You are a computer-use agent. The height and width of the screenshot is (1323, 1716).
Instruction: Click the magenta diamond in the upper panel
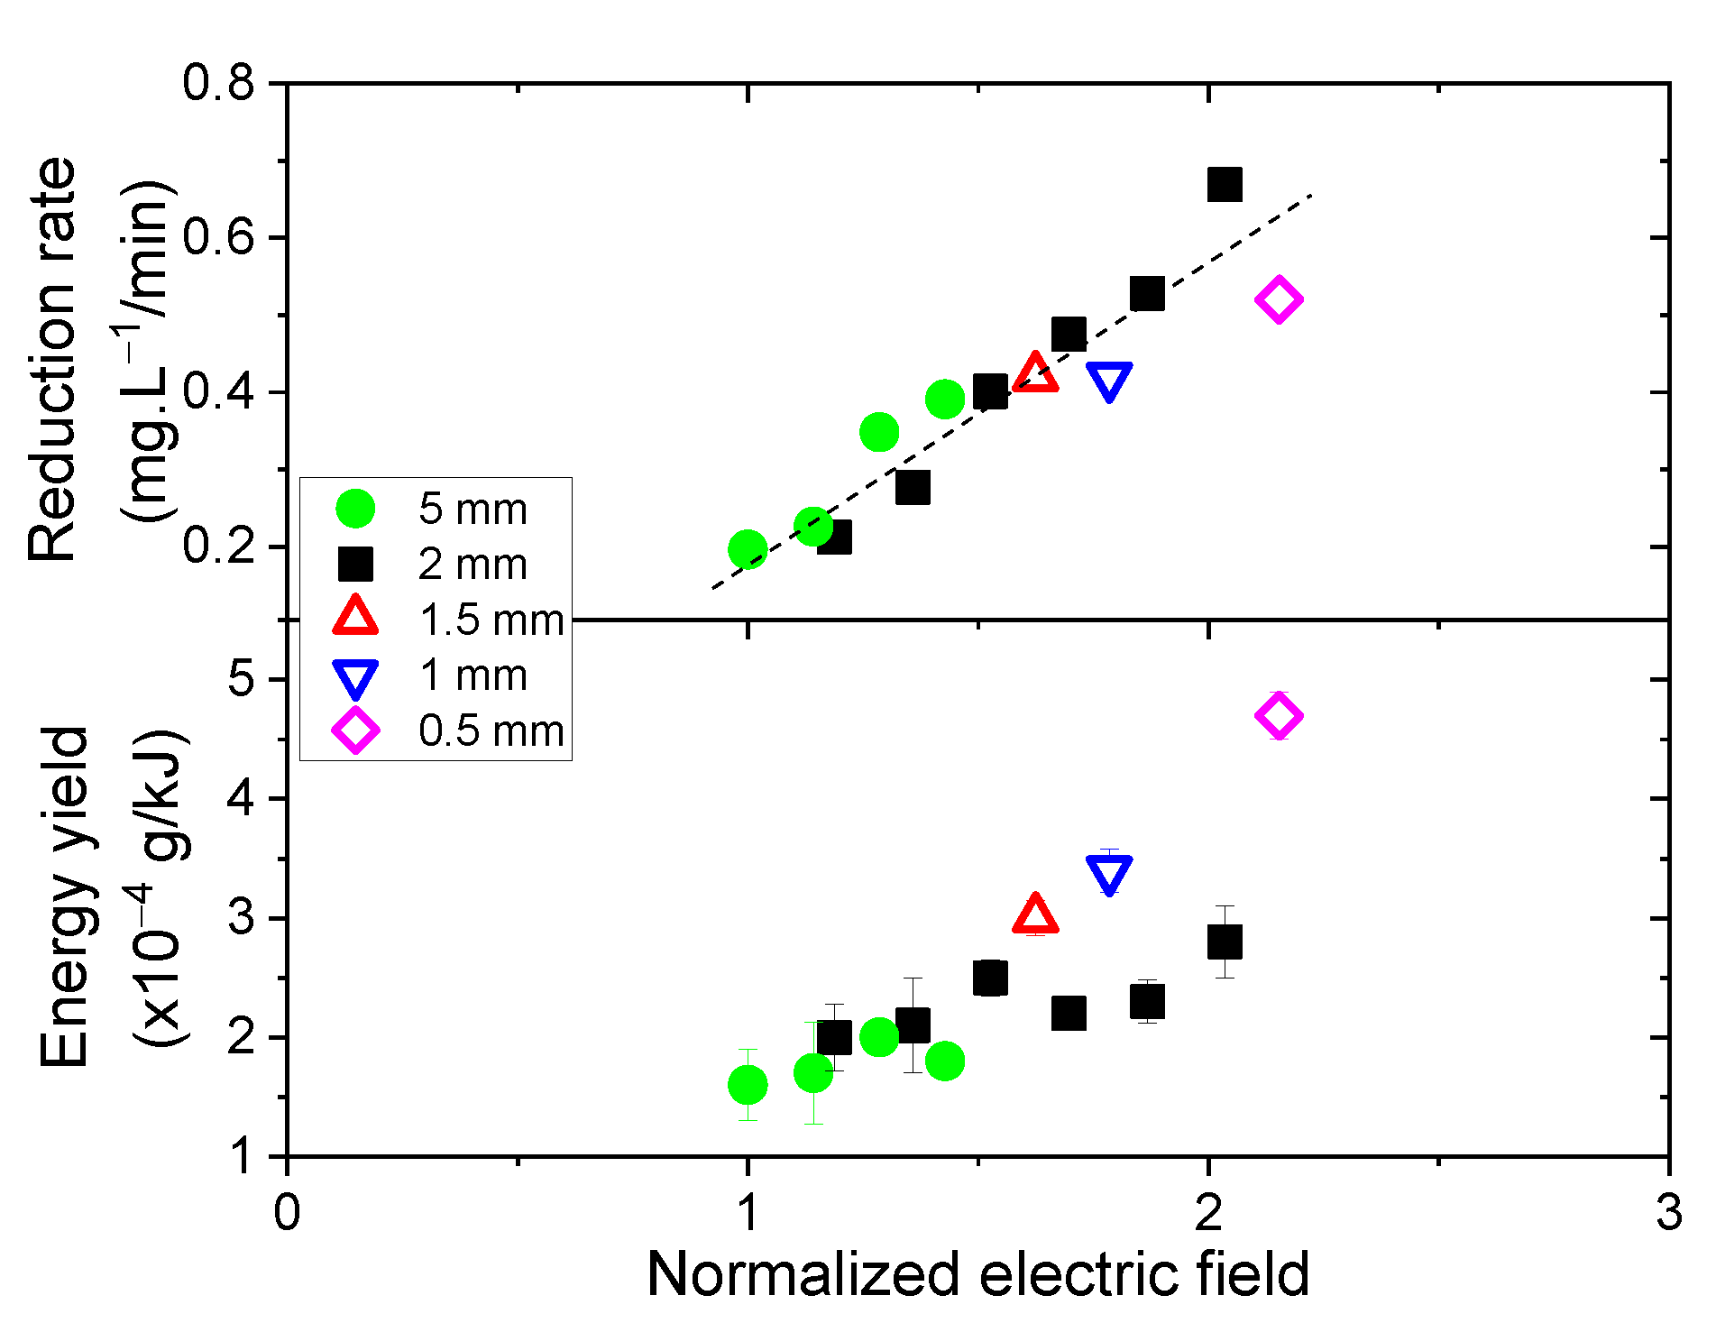click(1279, 299)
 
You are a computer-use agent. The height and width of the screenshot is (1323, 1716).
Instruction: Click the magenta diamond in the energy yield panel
click(1279, 716)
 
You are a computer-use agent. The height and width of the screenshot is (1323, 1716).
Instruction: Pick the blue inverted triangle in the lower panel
click(1109, 873)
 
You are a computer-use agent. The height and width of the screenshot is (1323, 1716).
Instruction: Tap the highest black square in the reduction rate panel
click(1225, 184)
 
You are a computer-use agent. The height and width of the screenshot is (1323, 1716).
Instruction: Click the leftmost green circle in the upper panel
click(748, 548)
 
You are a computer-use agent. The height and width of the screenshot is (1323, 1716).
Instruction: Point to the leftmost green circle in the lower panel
click(748, 1084)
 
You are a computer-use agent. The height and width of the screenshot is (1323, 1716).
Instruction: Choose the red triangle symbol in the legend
click(355, 617)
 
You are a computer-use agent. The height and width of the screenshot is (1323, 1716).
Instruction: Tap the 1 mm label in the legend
click(473, 675)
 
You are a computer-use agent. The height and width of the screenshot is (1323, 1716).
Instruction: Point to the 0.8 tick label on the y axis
click(218, 83)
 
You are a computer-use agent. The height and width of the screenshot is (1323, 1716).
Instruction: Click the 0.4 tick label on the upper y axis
click(218, 392)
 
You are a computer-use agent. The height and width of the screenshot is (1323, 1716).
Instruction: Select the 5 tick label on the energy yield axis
click(242, 678)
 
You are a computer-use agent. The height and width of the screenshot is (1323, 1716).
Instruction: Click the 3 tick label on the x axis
click(1668, 1212)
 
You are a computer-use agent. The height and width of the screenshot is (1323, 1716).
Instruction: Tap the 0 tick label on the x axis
click(287, 1212)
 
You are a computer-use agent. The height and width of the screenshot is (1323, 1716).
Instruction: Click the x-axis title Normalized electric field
click(977, 1275)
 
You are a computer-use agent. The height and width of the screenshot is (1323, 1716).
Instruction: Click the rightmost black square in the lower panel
click(1225, 942)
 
